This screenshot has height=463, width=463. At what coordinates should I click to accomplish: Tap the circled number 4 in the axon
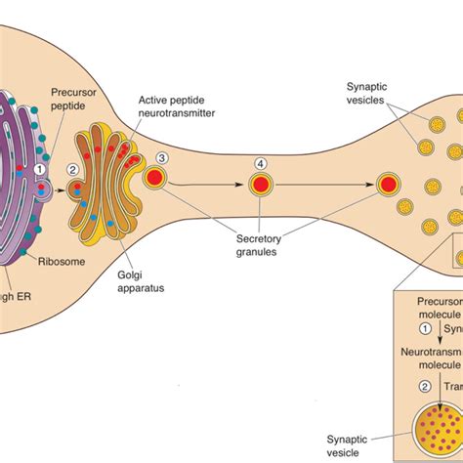point(260,162)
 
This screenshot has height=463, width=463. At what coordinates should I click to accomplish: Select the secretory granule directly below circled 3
point(154,179)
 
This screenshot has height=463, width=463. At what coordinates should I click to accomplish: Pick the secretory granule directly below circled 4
point(260,184)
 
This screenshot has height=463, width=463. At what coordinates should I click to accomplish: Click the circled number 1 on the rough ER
point(40,169)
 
